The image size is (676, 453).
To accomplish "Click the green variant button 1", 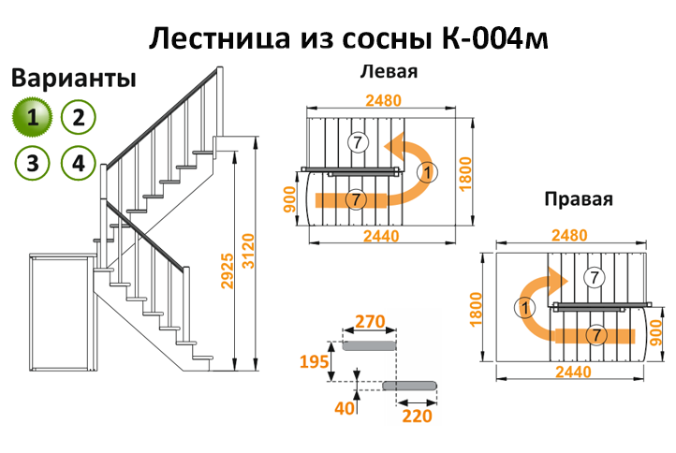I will (33, 117).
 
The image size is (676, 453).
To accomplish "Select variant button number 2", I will (79, 117).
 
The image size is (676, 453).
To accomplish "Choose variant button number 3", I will (33, 163).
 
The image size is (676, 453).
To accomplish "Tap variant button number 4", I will (79, 163).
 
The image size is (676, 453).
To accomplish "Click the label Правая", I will (578, 200).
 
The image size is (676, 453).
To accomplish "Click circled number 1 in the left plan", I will (427, 172).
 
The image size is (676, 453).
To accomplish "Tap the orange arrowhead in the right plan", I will (562, 280).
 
